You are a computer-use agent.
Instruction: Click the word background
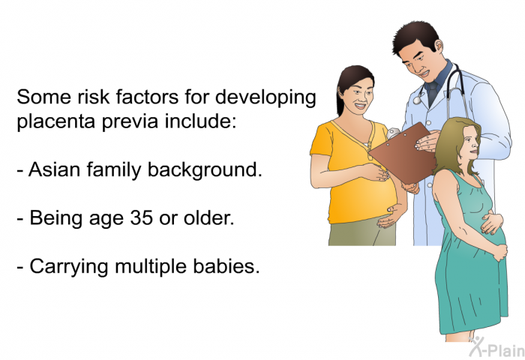tap(205, 170)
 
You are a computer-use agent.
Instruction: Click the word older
tap(209, 218)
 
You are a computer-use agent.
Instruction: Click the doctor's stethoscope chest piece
tap(418, 100)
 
